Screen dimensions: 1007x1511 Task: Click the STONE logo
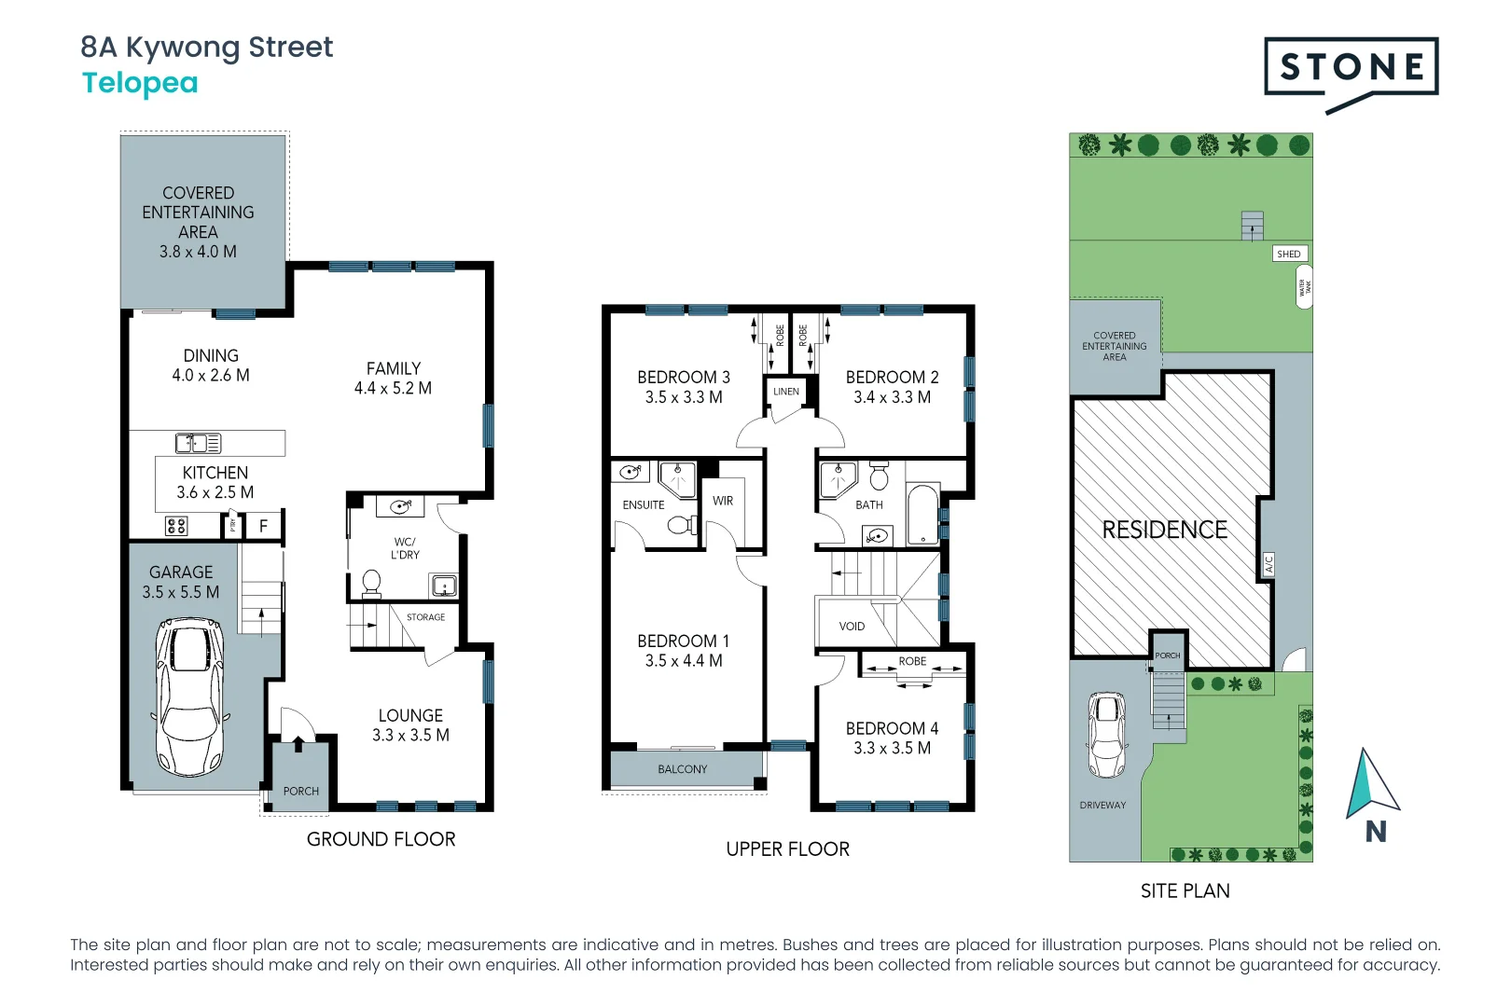click(x=1351, y=67)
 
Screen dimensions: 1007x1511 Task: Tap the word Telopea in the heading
click(x=140, y=83)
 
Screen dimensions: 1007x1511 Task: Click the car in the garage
click(x=189, y=696)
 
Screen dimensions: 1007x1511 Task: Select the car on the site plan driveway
click(x=1107, y=735)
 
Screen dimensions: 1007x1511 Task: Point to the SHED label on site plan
click(x=1289, y=254)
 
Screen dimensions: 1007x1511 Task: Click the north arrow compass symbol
click(x=1370, y=784)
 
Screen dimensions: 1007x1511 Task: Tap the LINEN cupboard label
click(x=786, y=392)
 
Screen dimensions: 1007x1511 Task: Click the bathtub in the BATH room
click(x=922, y=514)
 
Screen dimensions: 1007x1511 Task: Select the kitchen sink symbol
click(x=199, y=443)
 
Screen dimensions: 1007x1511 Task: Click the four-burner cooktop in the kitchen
click(x=176, y=526)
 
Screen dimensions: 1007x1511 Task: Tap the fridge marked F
click(x=263, y=526)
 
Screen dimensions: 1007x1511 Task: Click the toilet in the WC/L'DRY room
click(x=371, y=583)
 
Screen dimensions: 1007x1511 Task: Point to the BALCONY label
click(x=682, y=769)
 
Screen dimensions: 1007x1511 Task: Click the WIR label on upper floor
click(x=723, y=501)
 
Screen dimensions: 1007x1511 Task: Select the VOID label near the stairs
click(x=852, y=627)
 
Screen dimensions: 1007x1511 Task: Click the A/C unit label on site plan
click(x=1268, y=564)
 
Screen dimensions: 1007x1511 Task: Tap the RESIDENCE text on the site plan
click(x=1164, y=530)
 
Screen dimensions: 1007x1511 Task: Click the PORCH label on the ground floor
click(x=300, y=791)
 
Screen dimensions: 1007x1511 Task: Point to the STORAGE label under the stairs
click(x=425, y=617)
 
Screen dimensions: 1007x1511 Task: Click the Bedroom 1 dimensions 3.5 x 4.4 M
click(x=683, y=661)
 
